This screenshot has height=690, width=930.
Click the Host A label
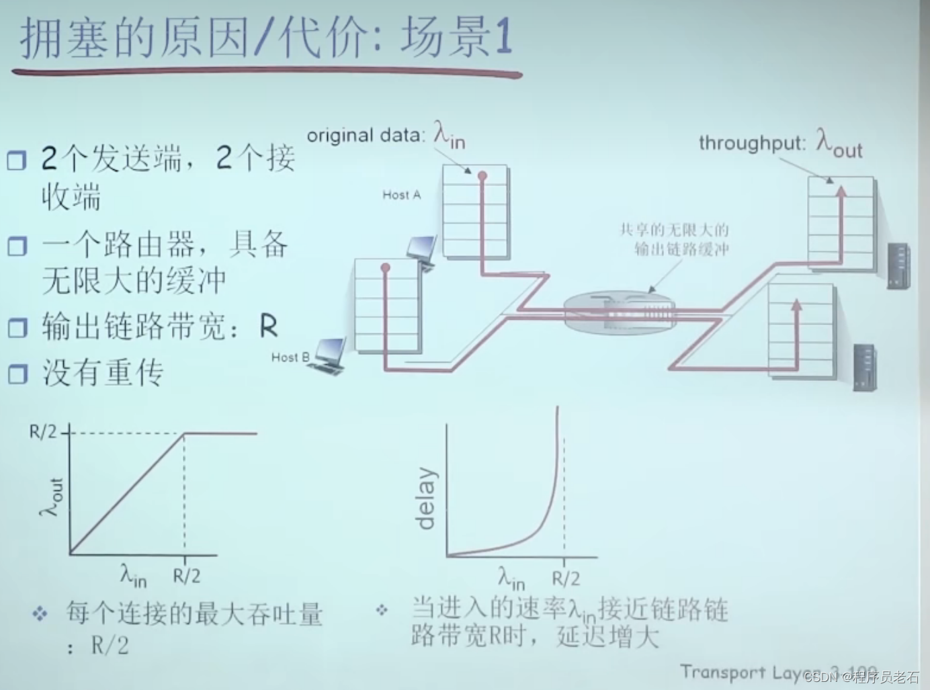pyautogui.click(x=401, y=195)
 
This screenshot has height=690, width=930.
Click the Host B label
pyautogui.click(x=290, y=357)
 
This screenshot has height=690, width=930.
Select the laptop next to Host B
pyautogui.click(x=330, y=355)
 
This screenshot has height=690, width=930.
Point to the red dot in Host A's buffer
pyautogui.click(x=482, y=177)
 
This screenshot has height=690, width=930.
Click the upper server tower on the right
pyautogui.click(x=898, y=266)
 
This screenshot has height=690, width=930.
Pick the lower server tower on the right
pyautogui.click(x=864, y=367)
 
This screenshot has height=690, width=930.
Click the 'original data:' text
pyautogui.click(x=366, y=135)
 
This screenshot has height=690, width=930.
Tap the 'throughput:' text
pyautogui.click(x=751, y=143)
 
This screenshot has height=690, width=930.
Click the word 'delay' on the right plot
pyautogui.click(x=427, y=499)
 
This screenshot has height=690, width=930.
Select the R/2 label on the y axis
pyautogui.click(x=43, y=432)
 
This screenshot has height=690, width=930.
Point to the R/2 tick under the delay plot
pyautogui.click(x=566, y=578)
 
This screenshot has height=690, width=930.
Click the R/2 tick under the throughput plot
pyautogui.click(x=186, y=576)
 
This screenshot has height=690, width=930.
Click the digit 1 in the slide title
pyautogui.click(x=503, y=37)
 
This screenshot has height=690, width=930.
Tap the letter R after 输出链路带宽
pyautogui.click(x=268, y=327)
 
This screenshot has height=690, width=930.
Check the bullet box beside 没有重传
pyautogui.click(x=17, y=374)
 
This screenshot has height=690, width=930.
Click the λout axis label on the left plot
pyautogui.click(x=51, y=497)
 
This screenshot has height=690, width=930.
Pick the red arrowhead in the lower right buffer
pyautogui.click(x=796, y=306)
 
